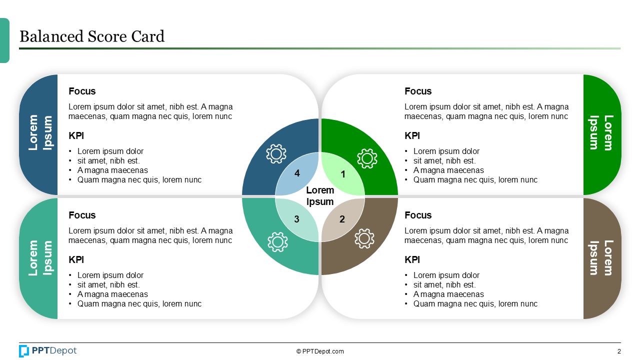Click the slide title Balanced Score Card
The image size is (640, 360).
tap(91, 36)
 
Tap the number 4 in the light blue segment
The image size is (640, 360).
tap(297, 173)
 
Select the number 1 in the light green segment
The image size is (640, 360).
tap(343, 174)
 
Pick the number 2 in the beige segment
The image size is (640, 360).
tap(342, 219)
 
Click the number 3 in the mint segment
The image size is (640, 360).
tap(296, 219)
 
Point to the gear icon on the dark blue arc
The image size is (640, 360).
tap(276, 154)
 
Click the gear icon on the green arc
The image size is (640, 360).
tap(367, 158)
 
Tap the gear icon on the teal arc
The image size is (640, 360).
tap(277, 241)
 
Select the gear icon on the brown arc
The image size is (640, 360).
tap(364, 238)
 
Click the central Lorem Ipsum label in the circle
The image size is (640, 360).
tap(320, 196)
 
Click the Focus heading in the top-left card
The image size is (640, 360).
tap(82, 91)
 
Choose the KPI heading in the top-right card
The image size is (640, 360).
tap(412, 135)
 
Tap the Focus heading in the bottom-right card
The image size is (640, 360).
tap(418, 215)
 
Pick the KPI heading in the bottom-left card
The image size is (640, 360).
tap(76, 259)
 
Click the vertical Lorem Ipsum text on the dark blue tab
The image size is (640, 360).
tap(40, 132)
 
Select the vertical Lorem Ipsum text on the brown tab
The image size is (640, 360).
tap(601, 258)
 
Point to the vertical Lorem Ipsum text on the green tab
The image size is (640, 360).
tap(601, 132)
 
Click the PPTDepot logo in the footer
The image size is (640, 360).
tap(48, 351)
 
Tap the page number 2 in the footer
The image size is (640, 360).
tap(619, 351)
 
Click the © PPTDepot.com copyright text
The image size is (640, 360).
tap(320, 351)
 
